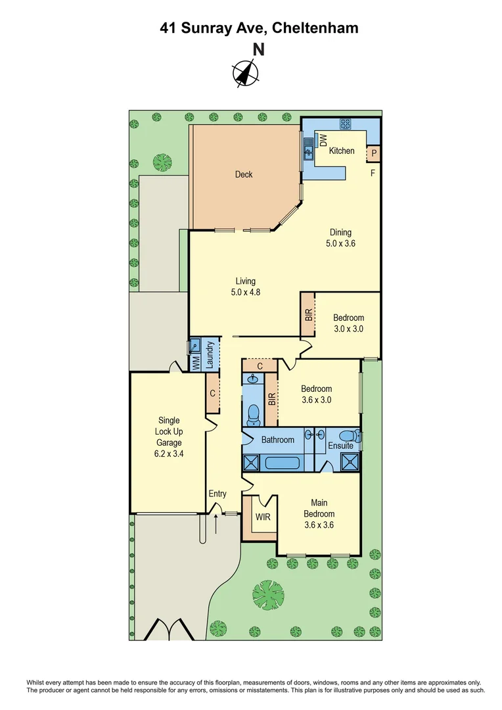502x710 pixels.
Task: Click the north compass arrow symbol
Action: point(246,73)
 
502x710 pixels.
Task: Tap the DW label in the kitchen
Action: point(323,140)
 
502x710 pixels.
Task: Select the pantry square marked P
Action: point(374,154)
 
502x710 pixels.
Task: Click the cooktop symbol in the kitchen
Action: point(346,124)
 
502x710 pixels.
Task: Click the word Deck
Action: point(244,174)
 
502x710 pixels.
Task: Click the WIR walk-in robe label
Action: point(263,517)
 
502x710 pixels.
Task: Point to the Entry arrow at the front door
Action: point(217,524)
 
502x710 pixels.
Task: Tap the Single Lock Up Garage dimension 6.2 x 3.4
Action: point(169,453)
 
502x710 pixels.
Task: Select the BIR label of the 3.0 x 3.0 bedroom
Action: point(308,315)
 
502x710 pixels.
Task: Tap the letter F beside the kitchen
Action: point(373,174)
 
